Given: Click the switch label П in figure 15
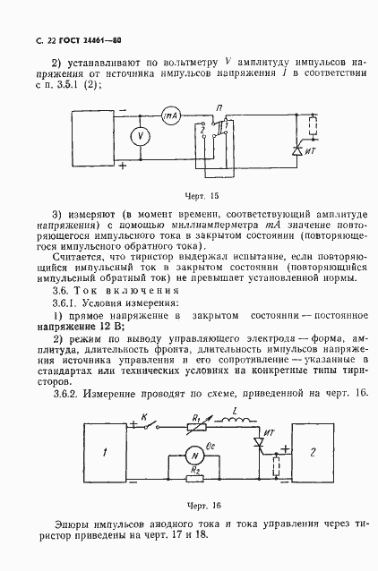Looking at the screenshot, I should tap(219, 106).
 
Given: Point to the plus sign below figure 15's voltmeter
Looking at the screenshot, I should tap(123, 166).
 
